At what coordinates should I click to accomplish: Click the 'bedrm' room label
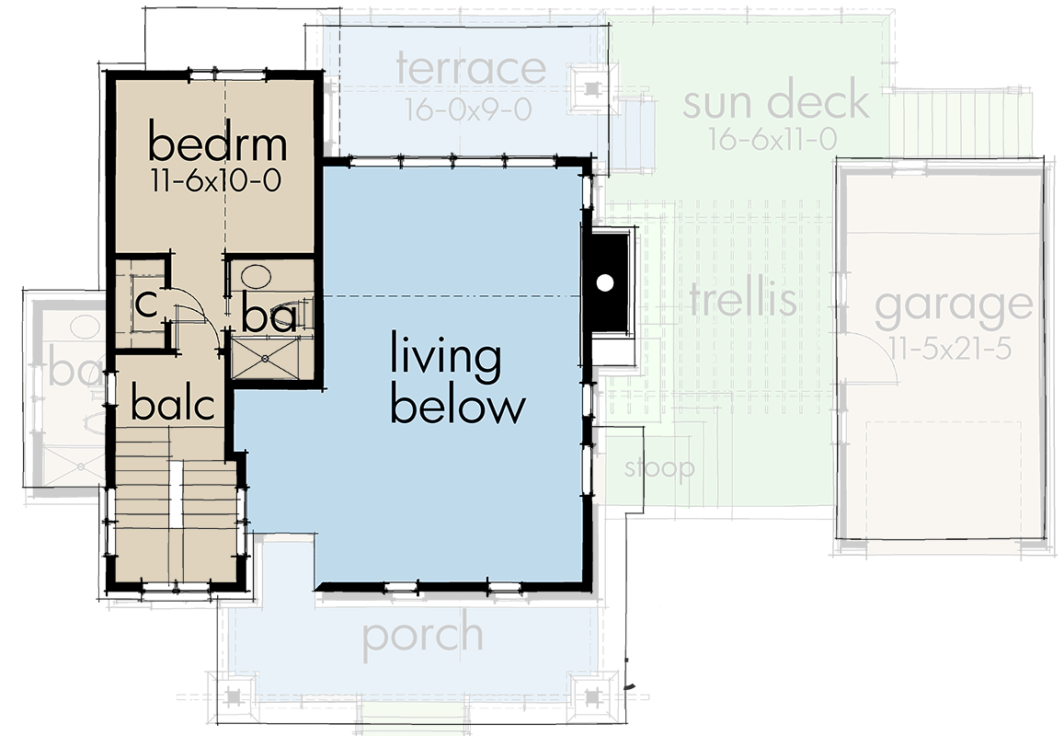tap(217, 144)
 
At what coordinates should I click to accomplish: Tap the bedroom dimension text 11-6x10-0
tap(217, 180)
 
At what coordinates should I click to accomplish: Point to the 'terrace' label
tap(471, 70)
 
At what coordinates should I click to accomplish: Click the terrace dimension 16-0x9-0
tap(468, 109)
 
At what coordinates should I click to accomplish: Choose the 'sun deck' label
tap(775, 101)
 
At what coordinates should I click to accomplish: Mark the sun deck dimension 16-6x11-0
tap(772, 140)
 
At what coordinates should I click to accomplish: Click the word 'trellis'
tap(742, 300)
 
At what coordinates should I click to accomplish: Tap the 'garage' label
tap(953, 309)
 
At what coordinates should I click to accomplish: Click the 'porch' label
tap(422, 636)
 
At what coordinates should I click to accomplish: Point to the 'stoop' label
tap(659, 468)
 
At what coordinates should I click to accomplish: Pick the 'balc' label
tap(172, 405)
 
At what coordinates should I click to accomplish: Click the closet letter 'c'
tap(144, 304)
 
